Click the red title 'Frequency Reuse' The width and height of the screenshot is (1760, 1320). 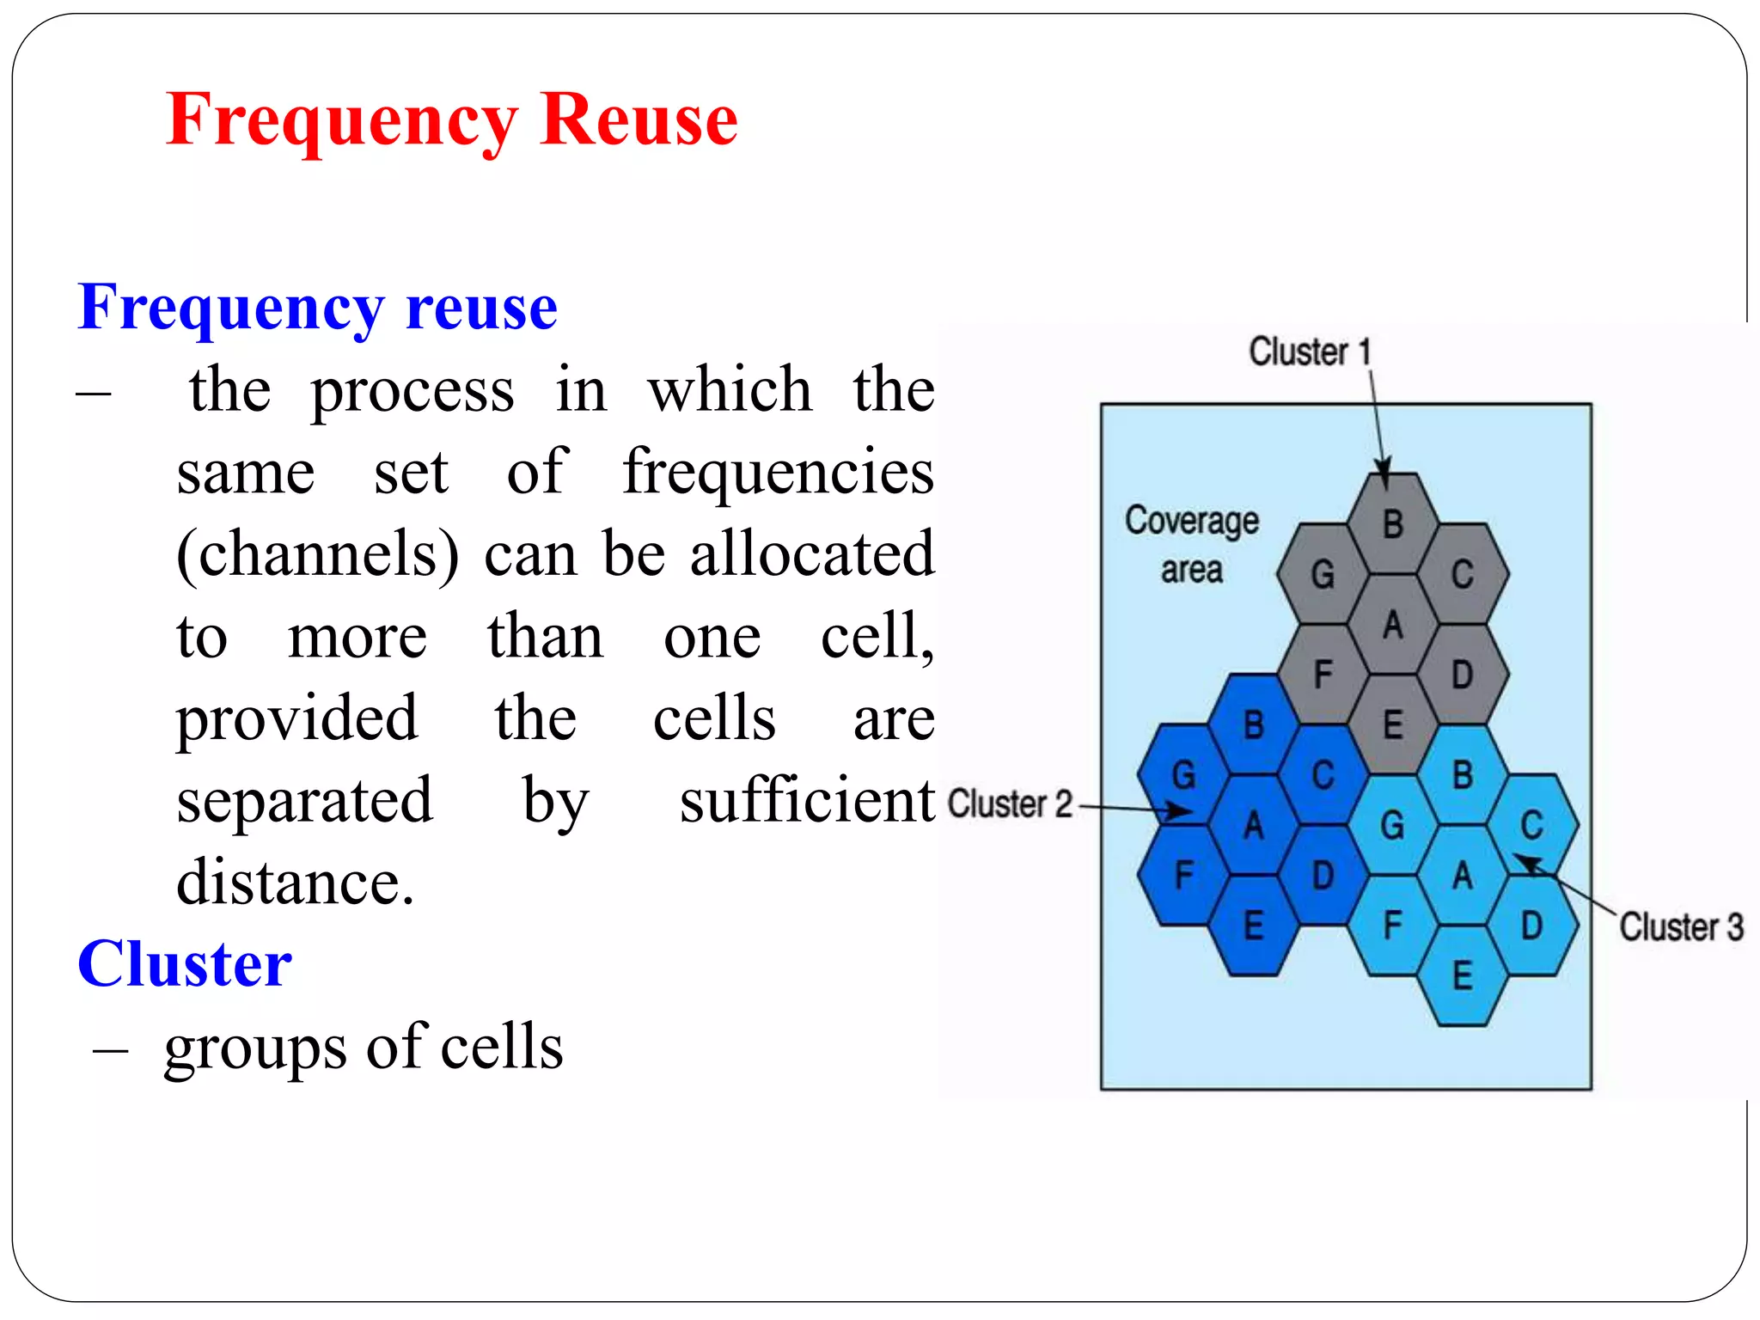coord(451,120)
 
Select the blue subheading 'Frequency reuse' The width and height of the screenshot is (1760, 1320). coord(317,308)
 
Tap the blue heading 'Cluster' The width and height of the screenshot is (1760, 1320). coord(185,964)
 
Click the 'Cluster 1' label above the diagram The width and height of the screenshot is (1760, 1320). coord(1309,351)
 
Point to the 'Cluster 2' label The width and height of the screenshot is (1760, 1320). coord(1010,804)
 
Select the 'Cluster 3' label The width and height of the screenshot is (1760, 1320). coord(1681,927)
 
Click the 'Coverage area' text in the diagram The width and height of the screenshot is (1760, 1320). coord(1191,545)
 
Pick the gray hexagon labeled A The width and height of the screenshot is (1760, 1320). coord(1392,625)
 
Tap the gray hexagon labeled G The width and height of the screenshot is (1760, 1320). coord(1323,574)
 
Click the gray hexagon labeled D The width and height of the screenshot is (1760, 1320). coord(1462,675)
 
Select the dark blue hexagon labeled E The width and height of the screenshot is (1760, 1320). coord(1253,926)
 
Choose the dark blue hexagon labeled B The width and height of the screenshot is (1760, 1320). coord(1253,724)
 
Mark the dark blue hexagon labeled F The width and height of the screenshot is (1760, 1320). coord(1183,876)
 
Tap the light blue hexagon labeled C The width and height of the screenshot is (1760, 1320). coord(1531,825)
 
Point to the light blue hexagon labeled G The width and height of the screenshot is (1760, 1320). coord(1392,825)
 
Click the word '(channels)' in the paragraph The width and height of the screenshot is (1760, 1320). coord(317,555)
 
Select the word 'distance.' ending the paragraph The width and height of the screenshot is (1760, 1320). coord(296,883)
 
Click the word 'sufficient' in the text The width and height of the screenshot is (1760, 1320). coord(806,801)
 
